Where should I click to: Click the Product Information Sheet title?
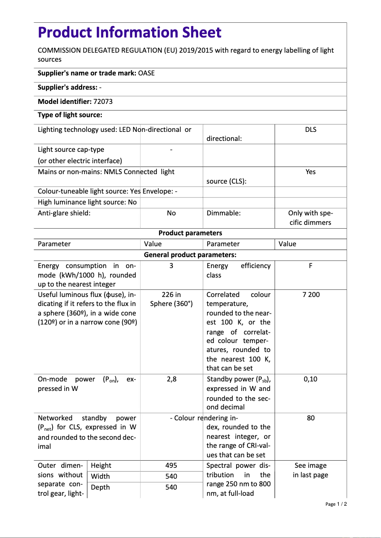(x=129, y=32)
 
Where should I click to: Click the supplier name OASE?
(x=146, y=73)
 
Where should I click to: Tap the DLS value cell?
(x=311, y=129)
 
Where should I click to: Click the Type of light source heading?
(x=70, y=115)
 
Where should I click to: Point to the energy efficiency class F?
(x=311, y=266)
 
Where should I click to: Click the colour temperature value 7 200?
(x=311, y=295)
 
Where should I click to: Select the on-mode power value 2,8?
(x=171, y=379)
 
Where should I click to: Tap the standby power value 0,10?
(x=311, y=379)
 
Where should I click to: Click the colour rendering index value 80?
(x=311, y=418)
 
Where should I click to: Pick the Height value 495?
(x=171, y=465)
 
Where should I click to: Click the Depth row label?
(x=100, y=487)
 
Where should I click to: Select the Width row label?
(x=100, y=476)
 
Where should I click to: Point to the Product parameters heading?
(x=190, y=233)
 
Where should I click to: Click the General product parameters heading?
(x=190, y=255)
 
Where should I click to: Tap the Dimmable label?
(x=224, y=213)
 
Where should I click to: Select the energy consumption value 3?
(x=171, y=266)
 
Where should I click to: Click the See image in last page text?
(x=311, y=470)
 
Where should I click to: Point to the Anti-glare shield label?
(x=64, y=213)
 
